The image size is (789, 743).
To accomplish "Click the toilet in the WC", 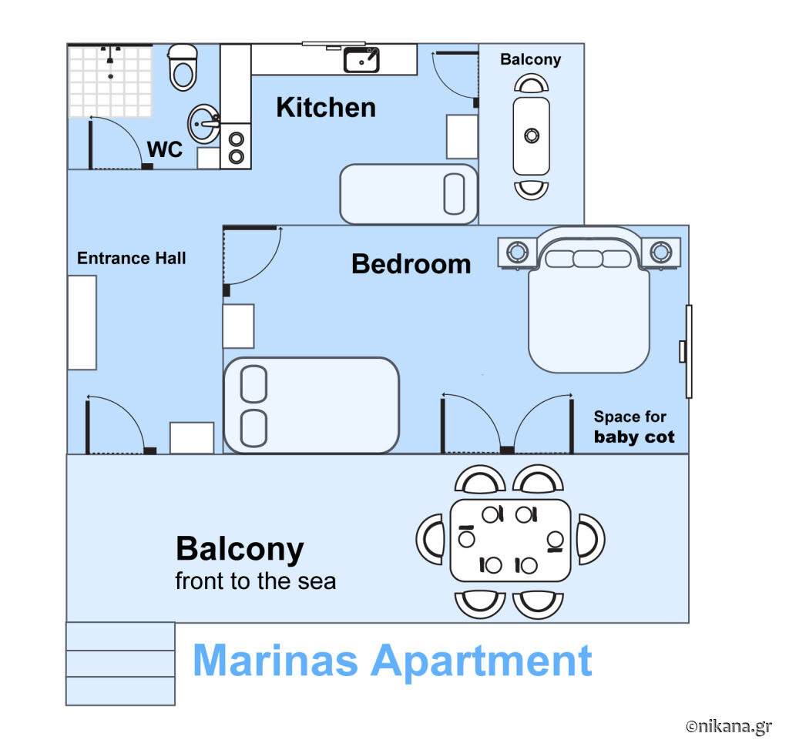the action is click(x=182, y=67).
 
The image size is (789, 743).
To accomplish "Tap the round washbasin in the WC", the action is click(x=203, y=124).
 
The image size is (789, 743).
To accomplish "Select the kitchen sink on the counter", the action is click(x=361, y=60).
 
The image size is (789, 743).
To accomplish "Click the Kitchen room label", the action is click(x=326, y=108).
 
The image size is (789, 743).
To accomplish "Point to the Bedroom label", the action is click(x=411, y=264).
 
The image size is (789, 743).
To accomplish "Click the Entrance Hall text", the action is click(x=131, y=259).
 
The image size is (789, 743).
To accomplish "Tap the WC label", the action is click(x=165, y=149).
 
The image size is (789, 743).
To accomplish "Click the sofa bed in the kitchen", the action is click(x=408, y=194).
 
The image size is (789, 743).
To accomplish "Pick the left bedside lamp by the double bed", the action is click(x=517, y=251).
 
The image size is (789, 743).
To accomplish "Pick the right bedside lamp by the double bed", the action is click(x=660, y=251).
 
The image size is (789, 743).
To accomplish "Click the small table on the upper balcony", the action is click(x=532, y=136).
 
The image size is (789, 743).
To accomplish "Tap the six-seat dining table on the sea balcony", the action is click(x=510, y=541).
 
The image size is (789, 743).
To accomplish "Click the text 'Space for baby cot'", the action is click(x=633, y=427).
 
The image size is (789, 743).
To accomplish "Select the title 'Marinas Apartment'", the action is click(x=392, y=661).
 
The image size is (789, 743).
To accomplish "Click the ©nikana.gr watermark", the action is click(x=729, y=726).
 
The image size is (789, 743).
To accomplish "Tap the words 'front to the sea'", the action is click(x=255, y=581).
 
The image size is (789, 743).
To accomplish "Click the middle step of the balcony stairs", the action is click(x=120, y=664).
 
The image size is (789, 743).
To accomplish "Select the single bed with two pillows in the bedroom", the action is click(x=311, y=405).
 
